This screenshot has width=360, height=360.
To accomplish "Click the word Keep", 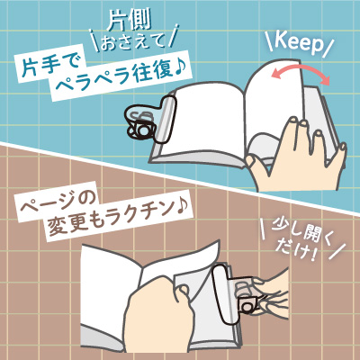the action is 299,44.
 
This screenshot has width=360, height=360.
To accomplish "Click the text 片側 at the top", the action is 130,22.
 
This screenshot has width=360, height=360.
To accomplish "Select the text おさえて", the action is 133,43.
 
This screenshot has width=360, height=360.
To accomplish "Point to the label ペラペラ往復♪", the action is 120,76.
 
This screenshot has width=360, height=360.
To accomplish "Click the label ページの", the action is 58,203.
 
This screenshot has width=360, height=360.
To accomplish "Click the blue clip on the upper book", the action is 151,121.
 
